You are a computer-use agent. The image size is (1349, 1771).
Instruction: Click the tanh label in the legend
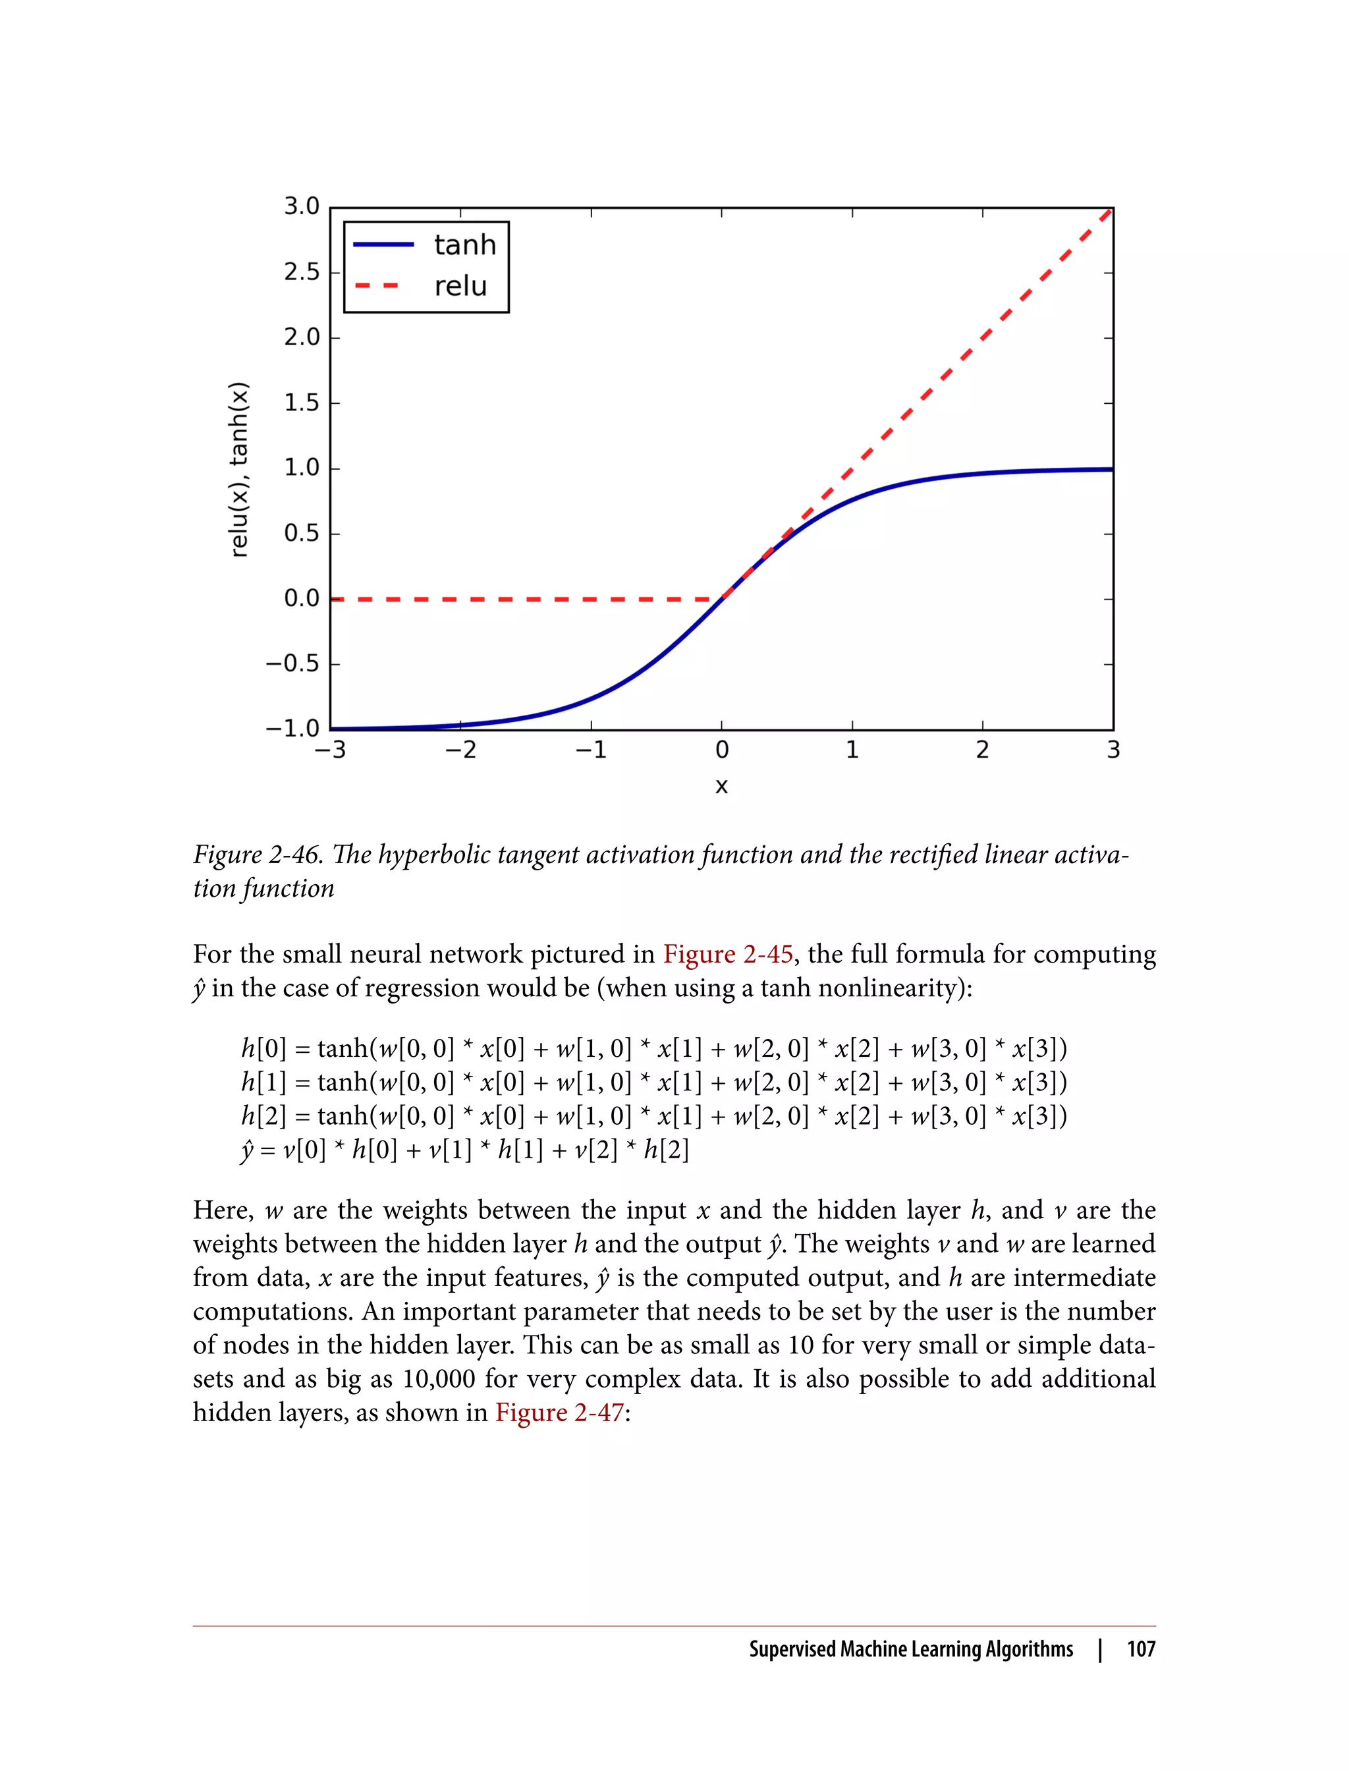(x=465, y=245)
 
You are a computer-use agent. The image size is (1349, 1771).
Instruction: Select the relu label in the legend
(x=460, y=286)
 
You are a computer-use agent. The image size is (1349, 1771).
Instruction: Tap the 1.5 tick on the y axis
(x=301, y=403)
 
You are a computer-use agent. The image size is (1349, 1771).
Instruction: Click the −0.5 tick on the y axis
(x=292, y=663)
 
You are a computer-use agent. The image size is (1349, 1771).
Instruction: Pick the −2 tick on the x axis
(x=461, y=750)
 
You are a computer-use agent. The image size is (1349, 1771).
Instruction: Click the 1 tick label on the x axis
(x=852, y=750)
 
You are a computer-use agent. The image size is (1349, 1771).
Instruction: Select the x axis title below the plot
(x=721, y=785)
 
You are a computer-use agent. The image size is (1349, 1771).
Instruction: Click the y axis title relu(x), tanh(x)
(x=239, y=469)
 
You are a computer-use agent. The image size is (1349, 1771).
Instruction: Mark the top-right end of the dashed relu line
(x=1109, y=211)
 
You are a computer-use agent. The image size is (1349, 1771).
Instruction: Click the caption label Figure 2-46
(x=257, y=855)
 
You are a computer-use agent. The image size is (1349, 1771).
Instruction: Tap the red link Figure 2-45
(x=727, y=954)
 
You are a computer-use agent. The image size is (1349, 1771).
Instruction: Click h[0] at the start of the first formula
(x=263, y=1049)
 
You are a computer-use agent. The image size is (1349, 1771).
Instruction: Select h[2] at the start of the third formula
(x=263, y=1116)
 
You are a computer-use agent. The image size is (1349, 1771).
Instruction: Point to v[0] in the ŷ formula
(x=304, y=1150)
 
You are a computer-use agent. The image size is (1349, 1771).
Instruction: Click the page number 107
(x=1140, y=1649)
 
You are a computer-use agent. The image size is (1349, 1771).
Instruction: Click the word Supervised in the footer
(x=792, y=1649)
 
